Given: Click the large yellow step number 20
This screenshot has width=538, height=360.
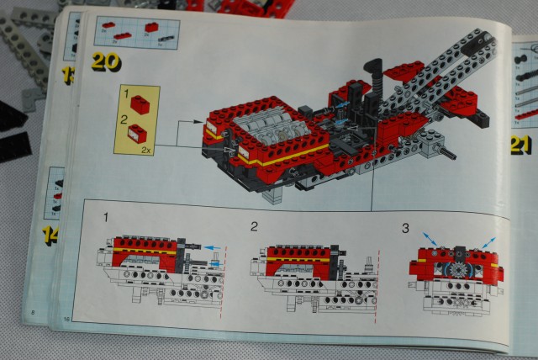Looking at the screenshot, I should point(106,61).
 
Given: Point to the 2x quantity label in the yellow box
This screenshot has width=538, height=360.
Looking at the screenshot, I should point(147,148).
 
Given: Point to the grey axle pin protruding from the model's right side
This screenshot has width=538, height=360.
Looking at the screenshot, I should point(446,153).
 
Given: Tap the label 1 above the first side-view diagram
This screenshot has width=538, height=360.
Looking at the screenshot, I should point(107,218).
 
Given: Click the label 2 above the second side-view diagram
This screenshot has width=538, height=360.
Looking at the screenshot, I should point(254,225).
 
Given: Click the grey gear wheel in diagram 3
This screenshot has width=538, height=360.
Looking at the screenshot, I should point(459,270).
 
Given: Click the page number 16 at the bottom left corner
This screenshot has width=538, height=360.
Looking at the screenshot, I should point(66,320).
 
